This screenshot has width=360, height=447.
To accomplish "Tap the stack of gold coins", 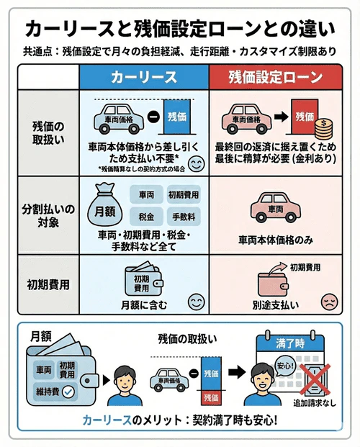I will (x=323, y=131).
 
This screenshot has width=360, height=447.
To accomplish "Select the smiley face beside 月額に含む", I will (x=194, y=302).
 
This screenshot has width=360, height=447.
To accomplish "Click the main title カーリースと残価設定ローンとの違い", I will (x=180, y=28).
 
